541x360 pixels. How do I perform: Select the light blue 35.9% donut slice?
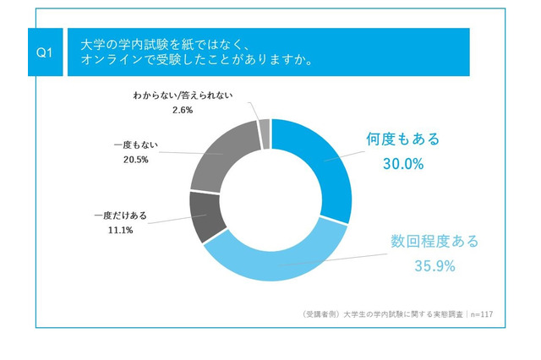click(x=279, y=261)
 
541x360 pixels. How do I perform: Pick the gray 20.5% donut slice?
click(x=218, y=156)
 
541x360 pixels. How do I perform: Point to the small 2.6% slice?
click(x=265, y=134)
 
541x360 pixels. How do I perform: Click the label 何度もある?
click(x=403, y=139)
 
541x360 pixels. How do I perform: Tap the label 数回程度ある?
click(x=434, y=242)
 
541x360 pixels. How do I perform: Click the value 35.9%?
click(x=434, y=267)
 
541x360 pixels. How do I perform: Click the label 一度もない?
click(x=134, y=145)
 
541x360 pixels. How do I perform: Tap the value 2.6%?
click(x=183, y=111)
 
